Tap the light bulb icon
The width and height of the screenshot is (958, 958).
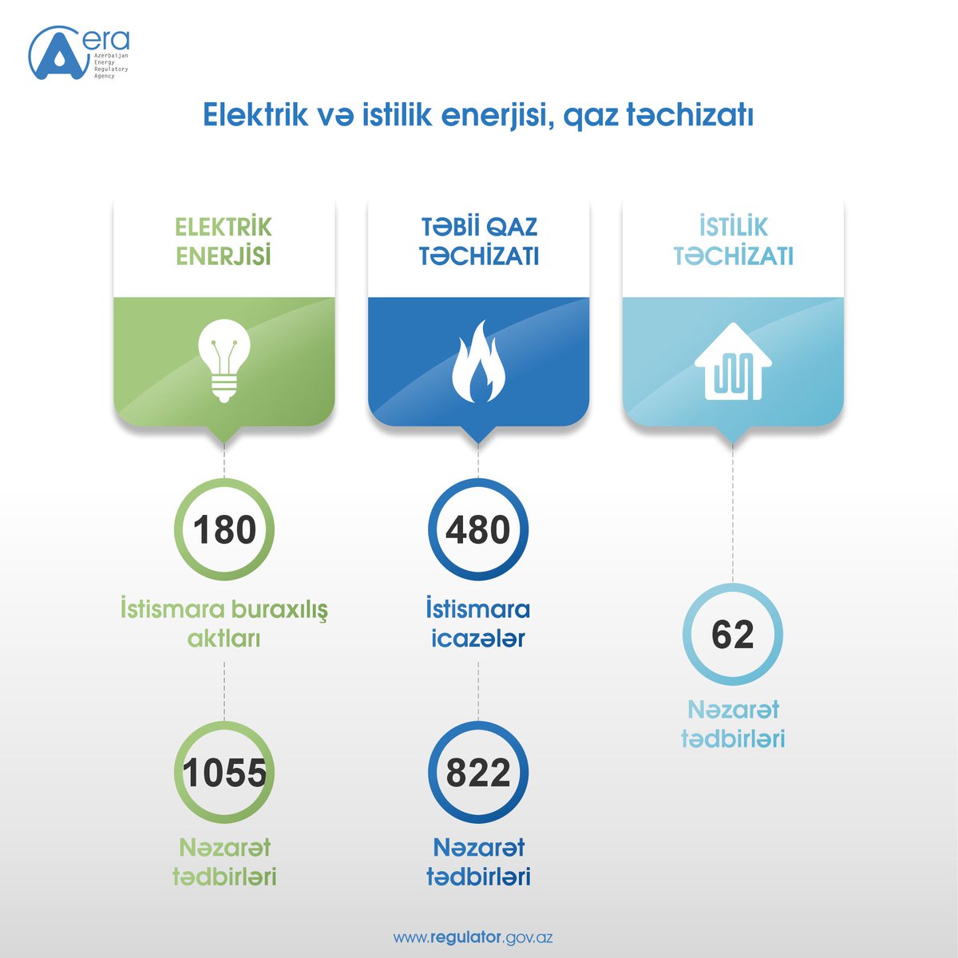tap(224, 360)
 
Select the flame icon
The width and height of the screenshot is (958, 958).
tap(478, 361)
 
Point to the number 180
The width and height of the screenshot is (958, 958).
tap(224, 530)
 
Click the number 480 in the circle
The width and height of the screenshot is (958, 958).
tap(478, 530)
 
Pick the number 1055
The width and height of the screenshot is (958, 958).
tap(224, 773)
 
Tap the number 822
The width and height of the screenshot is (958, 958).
tap(478, 773)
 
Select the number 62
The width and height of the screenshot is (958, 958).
tap(732, 635)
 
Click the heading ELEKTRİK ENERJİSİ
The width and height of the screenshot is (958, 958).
tap(224, 241)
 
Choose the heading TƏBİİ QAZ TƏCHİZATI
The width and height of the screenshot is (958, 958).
tap(478, 241)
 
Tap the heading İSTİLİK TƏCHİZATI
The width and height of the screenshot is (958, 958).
tap(733, 241)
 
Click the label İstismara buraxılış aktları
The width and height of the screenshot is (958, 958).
tap(224, 623)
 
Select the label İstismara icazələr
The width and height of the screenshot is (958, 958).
tap(478, 623)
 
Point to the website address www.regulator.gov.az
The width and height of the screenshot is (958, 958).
tap(473, 936)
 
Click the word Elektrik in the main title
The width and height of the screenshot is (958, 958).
tap(255, 115)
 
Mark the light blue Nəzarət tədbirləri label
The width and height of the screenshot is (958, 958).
tap(733, 724)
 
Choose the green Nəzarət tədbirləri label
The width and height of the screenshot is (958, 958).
tap(224, 862)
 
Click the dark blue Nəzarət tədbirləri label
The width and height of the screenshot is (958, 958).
tap(478, 862)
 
